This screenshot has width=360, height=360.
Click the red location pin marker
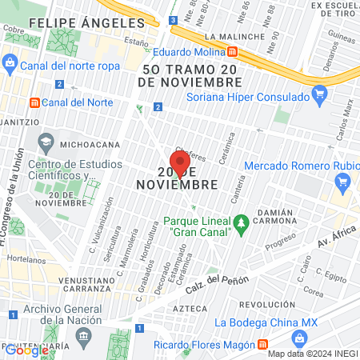tap(180, 162)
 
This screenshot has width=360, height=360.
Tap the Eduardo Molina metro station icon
tap(232, 51)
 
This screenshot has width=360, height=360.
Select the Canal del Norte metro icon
tap(34, 102)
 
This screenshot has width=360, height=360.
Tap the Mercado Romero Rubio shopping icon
tap(343, 181)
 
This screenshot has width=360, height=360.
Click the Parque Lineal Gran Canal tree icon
tap(240, 220)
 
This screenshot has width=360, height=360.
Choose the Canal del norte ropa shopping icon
tap(9, 63)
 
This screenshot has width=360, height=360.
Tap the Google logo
tap(26, 350)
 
